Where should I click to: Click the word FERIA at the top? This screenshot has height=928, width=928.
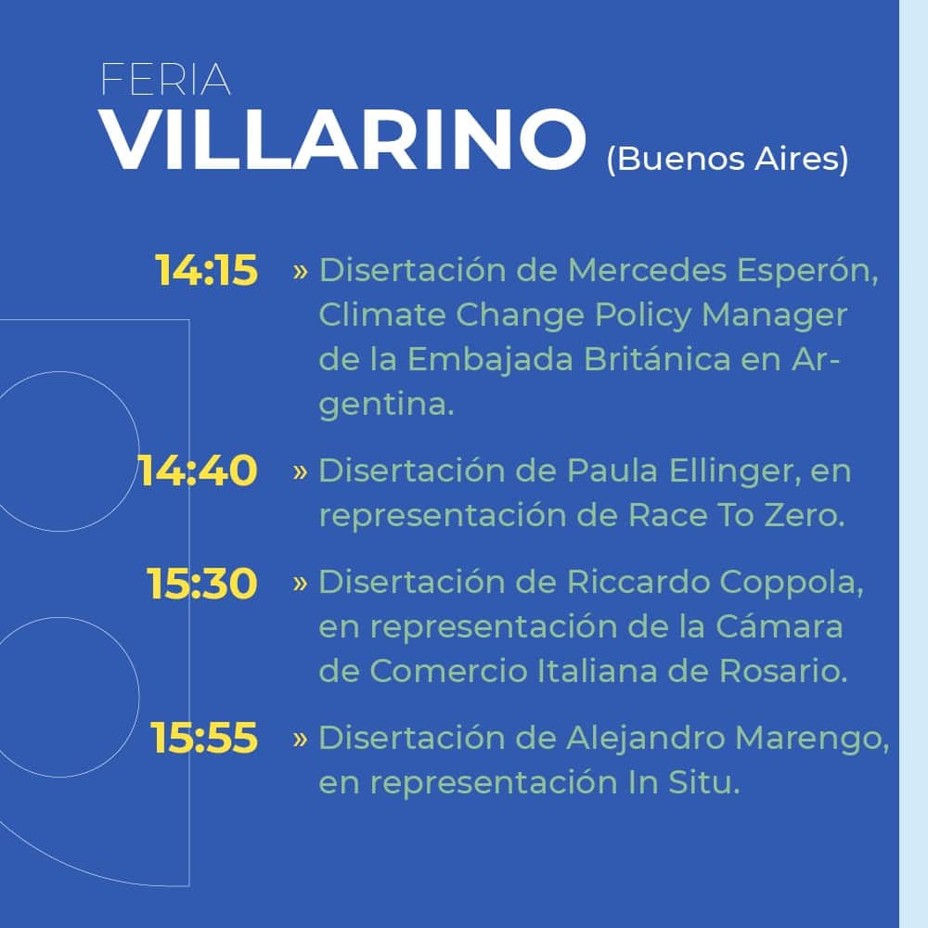(x=165, y=79)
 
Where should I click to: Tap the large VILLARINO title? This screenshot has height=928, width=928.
(x=342, y=140)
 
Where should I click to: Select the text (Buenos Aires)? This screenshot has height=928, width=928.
(x=728, y=159)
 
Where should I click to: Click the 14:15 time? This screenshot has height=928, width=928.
(x=207, y=270)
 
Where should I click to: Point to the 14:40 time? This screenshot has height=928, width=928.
(x=198, y=470)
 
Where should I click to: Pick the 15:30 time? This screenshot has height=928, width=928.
(x=202, y=583)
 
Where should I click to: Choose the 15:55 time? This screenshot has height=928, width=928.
(x=204, y=738)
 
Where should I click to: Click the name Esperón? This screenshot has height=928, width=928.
(x=807, y=270)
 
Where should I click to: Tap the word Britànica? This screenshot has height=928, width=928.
(x=657, y=359)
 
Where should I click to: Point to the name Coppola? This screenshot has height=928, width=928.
(x=792, y=583)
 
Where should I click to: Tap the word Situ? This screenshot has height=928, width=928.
(x=704, y=782)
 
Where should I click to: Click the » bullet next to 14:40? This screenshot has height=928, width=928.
(x=300, y=472)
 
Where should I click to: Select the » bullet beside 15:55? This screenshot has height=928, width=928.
(x=300, y=740)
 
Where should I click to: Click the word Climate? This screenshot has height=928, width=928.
(x=381, y=315)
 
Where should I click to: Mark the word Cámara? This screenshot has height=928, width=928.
(x=779, y=626)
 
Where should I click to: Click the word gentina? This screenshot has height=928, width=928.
(x=386, y=406)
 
